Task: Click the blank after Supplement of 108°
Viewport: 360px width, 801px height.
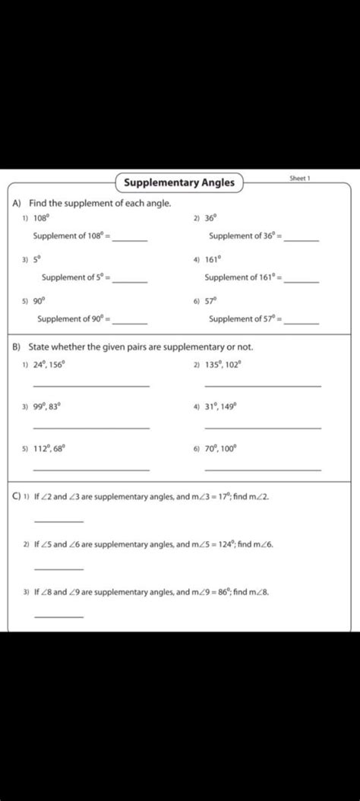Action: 130,239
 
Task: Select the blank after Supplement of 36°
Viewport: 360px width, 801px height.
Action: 302,239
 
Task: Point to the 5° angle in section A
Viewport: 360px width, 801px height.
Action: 36,259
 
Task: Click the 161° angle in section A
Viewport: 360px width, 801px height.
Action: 213,259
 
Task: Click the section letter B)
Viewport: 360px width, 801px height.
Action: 17,347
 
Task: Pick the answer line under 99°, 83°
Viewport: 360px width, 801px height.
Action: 91,428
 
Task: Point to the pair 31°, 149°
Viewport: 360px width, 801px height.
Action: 221,407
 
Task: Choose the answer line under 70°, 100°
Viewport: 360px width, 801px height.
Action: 263,470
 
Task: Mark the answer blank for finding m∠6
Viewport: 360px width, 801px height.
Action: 59,568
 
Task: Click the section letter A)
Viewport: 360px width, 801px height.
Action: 17,204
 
